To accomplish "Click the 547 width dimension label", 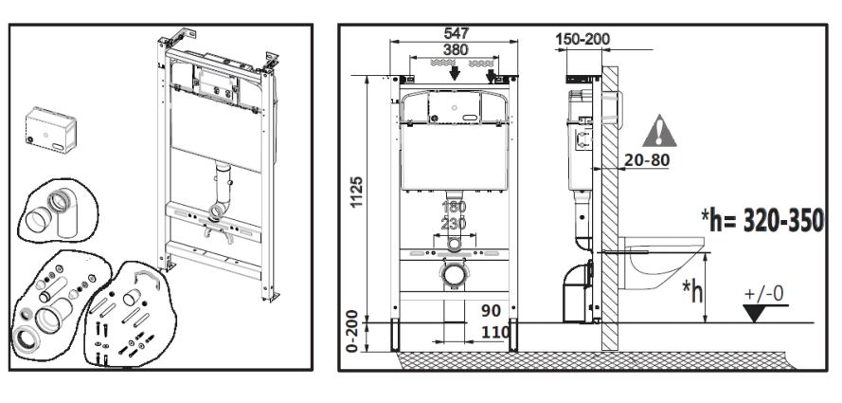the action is pos(456,33).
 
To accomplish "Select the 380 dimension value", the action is pos(455,49).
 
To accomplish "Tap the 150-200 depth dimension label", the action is pos(582,39).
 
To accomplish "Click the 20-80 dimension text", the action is pos(647,159).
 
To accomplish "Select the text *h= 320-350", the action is pos(763,221).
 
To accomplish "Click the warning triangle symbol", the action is pos(659,131).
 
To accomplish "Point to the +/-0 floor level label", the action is pos(764,294).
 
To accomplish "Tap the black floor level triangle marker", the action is pos(756,313).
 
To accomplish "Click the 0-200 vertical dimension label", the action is pos(352,331).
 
